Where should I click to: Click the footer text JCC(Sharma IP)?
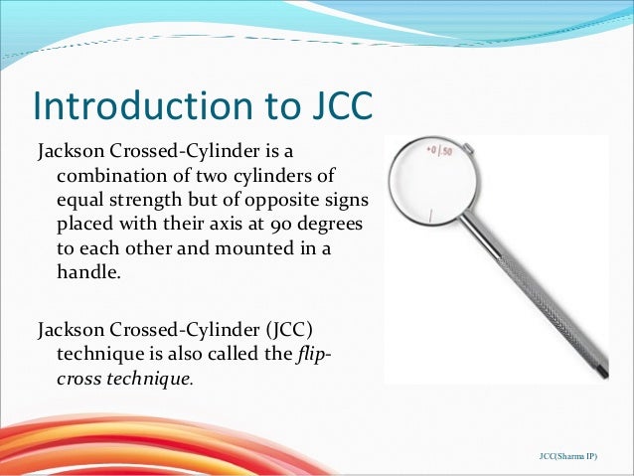pyautogui.click(x=575, y=455)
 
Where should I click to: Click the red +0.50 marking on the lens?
pyautogui.click(x=439, y=151)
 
